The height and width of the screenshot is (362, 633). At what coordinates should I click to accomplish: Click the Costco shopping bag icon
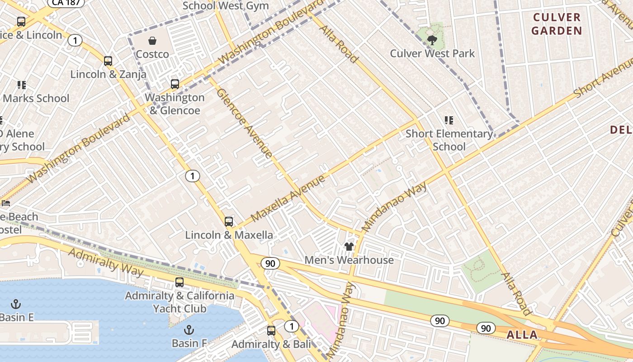(x=153, y=41)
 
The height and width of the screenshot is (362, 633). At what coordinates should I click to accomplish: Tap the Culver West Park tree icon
(x=432, y=40)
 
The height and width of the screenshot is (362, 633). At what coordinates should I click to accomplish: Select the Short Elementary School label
(x=449, y=140)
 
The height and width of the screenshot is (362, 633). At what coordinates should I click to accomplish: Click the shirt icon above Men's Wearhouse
(x=349, y=247)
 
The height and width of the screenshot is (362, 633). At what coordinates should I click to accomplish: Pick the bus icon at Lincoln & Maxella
(x=229, y=222)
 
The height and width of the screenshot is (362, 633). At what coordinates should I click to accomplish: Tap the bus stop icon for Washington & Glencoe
(x=175, y=84)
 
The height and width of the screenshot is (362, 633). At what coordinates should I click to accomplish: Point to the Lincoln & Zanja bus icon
(x=108, y=61)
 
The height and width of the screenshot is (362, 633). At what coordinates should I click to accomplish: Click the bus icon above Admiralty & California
(x=180, y=282)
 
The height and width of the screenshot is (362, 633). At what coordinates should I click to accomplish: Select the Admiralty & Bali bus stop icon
(x=271, y=331)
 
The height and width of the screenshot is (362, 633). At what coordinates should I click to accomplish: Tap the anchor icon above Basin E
(x=16, y=304)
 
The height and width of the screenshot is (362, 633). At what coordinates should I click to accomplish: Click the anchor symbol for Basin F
(x=189, y=330)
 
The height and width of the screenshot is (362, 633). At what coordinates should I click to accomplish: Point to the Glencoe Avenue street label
(x=245, y=123)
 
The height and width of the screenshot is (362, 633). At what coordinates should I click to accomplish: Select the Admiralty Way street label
(x=106, y=262)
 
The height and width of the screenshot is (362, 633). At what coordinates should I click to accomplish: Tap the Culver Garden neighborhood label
(x=557, y=24)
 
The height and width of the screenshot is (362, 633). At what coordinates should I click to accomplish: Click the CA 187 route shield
(x=66, y=3)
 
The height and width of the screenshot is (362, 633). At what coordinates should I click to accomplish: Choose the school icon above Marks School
(x=21, y=85)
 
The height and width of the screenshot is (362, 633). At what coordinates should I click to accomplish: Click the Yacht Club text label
(x=180, y=309)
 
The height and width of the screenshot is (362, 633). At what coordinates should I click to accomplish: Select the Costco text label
(x=153, y=54)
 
